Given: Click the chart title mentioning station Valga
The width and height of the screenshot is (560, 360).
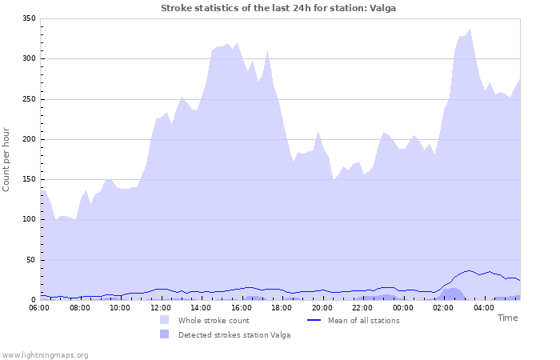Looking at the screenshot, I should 278,8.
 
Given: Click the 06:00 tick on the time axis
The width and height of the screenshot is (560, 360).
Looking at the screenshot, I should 39,307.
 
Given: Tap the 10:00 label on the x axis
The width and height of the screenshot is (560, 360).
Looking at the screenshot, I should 120,307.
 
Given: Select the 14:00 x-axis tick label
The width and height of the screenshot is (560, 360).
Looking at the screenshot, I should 201,307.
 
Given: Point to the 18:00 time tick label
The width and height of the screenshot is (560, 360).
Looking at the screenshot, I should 282,307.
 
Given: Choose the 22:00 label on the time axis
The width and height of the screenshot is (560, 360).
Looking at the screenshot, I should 362,307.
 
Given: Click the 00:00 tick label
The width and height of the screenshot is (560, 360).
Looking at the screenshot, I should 402,307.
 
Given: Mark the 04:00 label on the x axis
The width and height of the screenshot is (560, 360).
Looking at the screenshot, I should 483,307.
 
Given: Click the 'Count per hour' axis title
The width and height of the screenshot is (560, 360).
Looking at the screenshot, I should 7,158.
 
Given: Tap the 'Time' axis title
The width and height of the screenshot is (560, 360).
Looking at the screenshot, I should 507,318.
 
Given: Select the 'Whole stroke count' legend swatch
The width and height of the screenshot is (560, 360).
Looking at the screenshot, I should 164,320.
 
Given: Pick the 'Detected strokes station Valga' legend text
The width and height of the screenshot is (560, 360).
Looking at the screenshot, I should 234,334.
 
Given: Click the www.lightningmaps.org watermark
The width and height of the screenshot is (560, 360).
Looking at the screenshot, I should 45,354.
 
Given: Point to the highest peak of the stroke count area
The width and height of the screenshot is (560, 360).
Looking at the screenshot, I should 470,30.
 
